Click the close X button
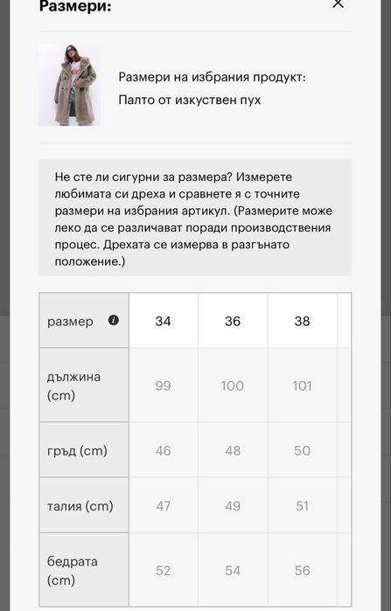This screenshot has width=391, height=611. [339, 4]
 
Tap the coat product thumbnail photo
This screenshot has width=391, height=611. [69, 85]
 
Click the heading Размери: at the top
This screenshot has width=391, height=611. [75, 6]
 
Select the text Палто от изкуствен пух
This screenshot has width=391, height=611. [190, 100]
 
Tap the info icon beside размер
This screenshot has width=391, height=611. [113, 320]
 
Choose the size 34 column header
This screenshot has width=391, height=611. [163, 321]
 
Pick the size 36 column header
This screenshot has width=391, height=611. [233, 321]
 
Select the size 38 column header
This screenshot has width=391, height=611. [302, 321]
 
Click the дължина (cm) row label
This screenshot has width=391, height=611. [73, 385]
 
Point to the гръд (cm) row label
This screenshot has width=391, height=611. [77, 451]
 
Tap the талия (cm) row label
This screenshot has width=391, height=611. [80, 506]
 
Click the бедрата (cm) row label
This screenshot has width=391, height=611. [72, 570]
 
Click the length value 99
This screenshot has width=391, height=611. [163, 385]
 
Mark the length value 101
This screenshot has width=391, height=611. [302, 385]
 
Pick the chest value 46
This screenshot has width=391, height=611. [163, 451]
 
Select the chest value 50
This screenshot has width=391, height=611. [302, 451]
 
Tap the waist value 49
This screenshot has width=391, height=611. [233, 506]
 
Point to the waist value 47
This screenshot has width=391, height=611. [163, 506]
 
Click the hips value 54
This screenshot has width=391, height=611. [233, 570]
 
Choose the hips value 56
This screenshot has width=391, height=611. [302, 570]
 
